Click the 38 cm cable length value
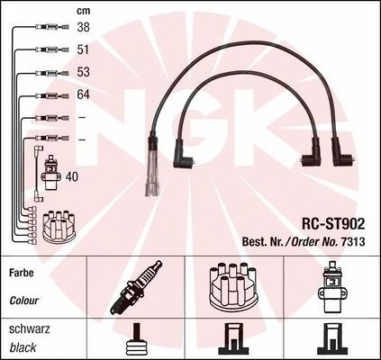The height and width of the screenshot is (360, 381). click(83, 27)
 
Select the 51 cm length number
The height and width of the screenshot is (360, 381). click(83, 49)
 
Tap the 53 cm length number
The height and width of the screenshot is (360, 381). click(83, 72)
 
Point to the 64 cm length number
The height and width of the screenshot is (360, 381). click(83, 94)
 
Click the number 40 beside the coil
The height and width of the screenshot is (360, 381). click(71, 176)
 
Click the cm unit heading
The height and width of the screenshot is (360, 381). click(84, 11)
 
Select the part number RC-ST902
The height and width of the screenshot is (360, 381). click(333, 224)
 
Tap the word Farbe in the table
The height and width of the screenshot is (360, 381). click(22, 273)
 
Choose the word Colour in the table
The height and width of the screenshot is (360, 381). click(24, 301)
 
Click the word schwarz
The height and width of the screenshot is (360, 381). click(30, 329)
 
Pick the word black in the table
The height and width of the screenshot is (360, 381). click(23, 347)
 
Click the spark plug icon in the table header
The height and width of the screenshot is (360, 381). click(136, 287)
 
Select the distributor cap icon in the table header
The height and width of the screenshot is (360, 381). click(232, 285)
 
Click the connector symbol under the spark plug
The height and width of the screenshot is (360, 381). click(136, 339)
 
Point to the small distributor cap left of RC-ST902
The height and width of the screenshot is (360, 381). click(59, 227)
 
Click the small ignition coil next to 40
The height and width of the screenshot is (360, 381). click(51, 173)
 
